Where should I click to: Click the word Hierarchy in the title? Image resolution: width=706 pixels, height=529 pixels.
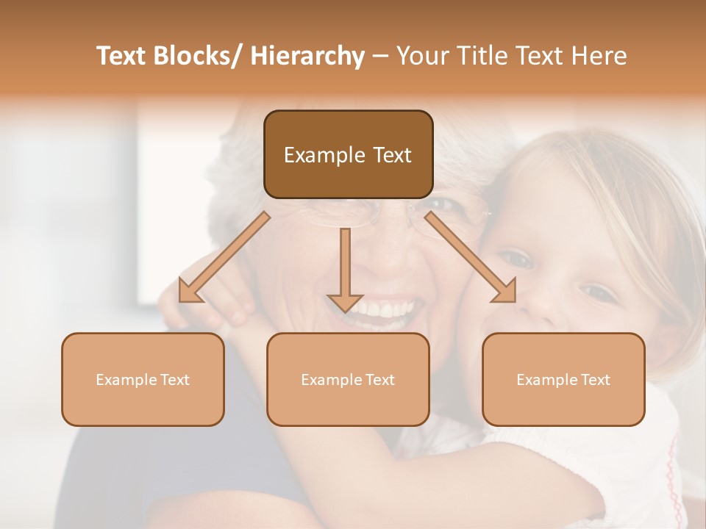click(307, 56)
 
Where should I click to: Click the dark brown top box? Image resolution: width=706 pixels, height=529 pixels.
click(348, 154)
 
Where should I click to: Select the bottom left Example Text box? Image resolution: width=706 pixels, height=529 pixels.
click(143, 379)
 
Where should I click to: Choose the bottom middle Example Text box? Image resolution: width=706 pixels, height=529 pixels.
click(348, 379)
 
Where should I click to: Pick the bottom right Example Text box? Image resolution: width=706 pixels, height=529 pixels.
click(563, 379)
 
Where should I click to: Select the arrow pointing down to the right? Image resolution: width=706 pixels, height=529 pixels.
click(471, 257)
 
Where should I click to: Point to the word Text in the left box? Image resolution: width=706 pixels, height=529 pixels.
click(174, 380)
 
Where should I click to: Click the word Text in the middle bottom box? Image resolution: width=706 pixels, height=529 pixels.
click(379, 380)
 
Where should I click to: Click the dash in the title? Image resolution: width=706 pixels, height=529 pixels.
click(380, 56)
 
